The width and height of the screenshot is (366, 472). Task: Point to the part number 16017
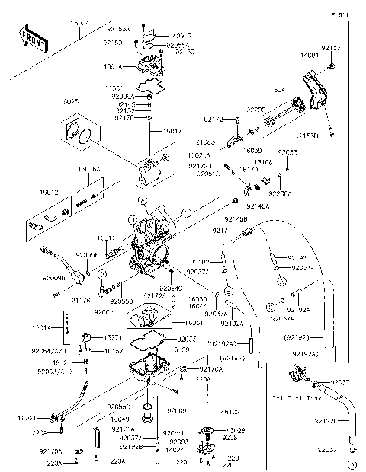click(172, 131)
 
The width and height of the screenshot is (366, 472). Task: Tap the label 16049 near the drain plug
click(119, 419)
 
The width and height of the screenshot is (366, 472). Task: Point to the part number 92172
click(213, 120)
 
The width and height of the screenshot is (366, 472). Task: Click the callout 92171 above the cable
click(221, 229)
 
